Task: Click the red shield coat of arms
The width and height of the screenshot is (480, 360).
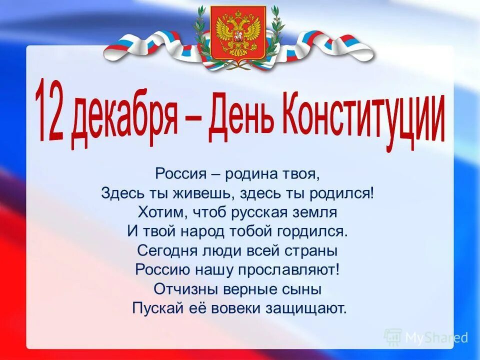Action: pos(238,32)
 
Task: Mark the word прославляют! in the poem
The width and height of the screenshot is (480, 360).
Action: pos(295,270)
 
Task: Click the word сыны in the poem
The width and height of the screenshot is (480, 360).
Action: pos(305,289)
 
